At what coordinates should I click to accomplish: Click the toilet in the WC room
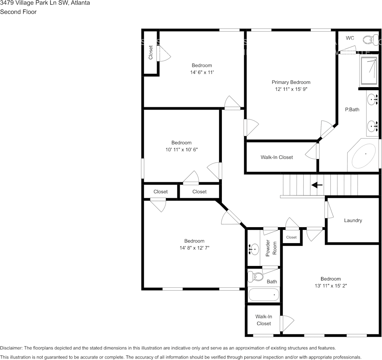tap(368, 39)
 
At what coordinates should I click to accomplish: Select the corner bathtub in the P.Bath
tap(363, 156)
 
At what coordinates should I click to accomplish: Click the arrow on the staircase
tap(317, 185)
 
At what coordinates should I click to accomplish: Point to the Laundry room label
tap(353, 220)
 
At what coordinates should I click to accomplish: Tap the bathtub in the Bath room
tap(264, 295)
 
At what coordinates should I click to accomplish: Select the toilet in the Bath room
tap(258, 276)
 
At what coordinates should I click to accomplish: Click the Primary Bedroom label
tap(291, 82)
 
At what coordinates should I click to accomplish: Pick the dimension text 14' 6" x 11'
tap(202, 72)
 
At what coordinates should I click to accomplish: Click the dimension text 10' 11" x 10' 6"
tap(181, 150)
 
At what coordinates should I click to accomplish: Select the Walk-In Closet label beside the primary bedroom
tap(277, 157)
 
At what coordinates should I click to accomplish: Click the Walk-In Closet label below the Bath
tap(264, 320)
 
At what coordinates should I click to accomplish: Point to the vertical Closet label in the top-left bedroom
tap(151, 53)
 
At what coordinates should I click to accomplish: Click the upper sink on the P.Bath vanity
tap(372, 100)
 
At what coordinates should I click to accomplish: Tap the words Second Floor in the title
tap(18, 12)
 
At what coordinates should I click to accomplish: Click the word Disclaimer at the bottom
tap(11, 348)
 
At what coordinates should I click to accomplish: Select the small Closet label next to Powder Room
tap(291, 237)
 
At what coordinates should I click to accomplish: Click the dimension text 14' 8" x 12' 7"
tap(194, 247)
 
